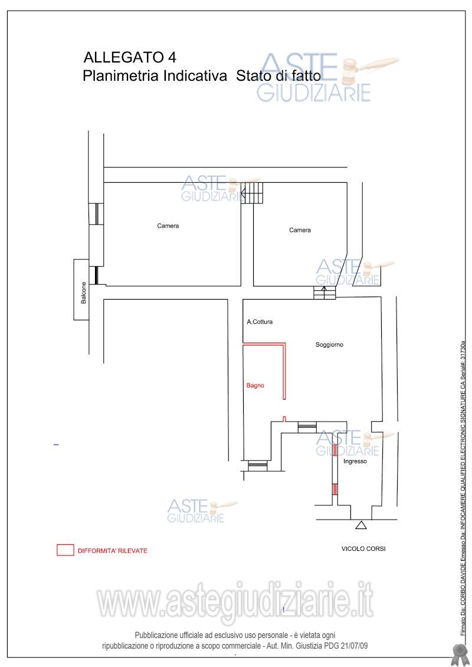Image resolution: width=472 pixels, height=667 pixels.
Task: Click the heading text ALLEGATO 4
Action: (x=130, y=57)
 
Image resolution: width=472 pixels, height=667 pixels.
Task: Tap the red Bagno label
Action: (x=255, y=385)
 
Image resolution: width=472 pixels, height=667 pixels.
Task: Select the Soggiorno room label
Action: (x=329, y=344)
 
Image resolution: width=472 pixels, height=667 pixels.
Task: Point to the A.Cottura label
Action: (x=260, y=321)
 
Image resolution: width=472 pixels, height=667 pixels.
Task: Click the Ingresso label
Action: (x=355, y=461)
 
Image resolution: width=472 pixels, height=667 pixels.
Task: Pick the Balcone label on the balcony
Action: (x=83, y=293)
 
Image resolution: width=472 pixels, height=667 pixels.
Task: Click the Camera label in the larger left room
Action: (x=168, y=225)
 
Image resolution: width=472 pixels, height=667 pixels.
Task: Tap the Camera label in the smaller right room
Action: (x=300, y=230)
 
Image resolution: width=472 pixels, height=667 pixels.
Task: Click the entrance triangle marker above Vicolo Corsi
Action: (x=361, y=525)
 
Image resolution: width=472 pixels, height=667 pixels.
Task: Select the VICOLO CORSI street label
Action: (x=363, y=548)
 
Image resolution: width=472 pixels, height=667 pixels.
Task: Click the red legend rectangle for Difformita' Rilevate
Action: (x=65, y=550)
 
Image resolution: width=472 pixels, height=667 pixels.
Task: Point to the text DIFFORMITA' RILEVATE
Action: (x=112, y=550)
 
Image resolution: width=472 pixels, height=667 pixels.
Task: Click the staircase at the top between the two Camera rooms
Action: (x=251, y=193)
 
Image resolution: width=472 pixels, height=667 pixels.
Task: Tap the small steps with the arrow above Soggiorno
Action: (x=324, y=293)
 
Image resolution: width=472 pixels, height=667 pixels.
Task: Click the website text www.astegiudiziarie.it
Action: (x=235, y=600)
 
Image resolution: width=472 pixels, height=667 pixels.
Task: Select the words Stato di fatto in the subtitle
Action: (x=278, y=75)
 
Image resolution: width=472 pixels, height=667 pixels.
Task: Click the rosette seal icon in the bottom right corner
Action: (x=458, y=654)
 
